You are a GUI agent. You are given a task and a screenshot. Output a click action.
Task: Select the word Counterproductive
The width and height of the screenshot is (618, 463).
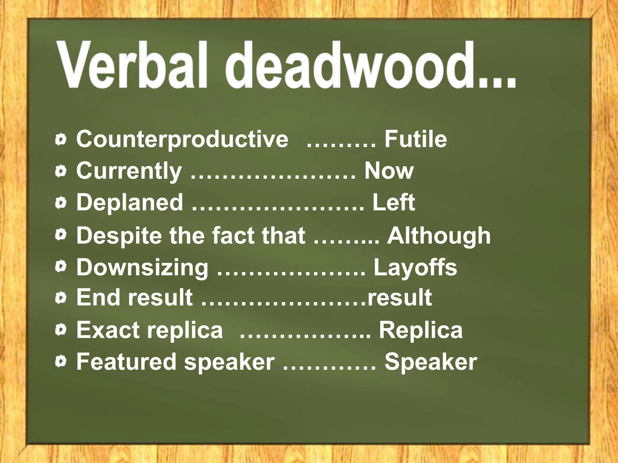[182, 139]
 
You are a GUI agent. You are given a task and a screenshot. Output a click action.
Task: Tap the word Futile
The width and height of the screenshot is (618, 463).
[416, 139]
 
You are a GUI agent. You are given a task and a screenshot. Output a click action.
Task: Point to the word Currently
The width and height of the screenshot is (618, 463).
[129, 171]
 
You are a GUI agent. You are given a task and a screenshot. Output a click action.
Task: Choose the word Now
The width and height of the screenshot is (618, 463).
[389, 171]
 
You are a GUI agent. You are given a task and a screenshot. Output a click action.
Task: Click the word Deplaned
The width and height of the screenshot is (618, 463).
[130, 202]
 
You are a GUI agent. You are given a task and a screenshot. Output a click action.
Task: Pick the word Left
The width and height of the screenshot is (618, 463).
[393, 202]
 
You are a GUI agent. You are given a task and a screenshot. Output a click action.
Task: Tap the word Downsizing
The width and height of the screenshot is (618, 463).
[142, 268]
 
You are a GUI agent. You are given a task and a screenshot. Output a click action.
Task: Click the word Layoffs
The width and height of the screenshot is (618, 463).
[415, 268]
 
